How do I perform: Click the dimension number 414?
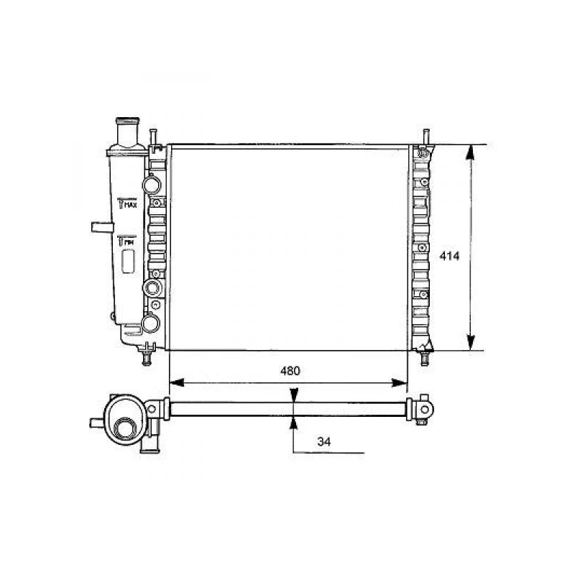click(450, 257)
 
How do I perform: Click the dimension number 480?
click(289, 371)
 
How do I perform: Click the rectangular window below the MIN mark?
click(129, 262)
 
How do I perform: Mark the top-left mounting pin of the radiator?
click(154, 137)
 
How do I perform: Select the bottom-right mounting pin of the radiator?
click(425, 355)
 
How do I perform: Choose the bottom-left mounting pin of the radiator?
click(149, 355)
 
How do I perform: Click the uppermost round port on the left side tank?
click(152, 184)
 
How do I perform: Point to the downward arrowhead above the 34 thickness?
click(293, 396)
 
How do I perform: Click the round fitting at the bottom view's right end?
click(425, 409)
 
